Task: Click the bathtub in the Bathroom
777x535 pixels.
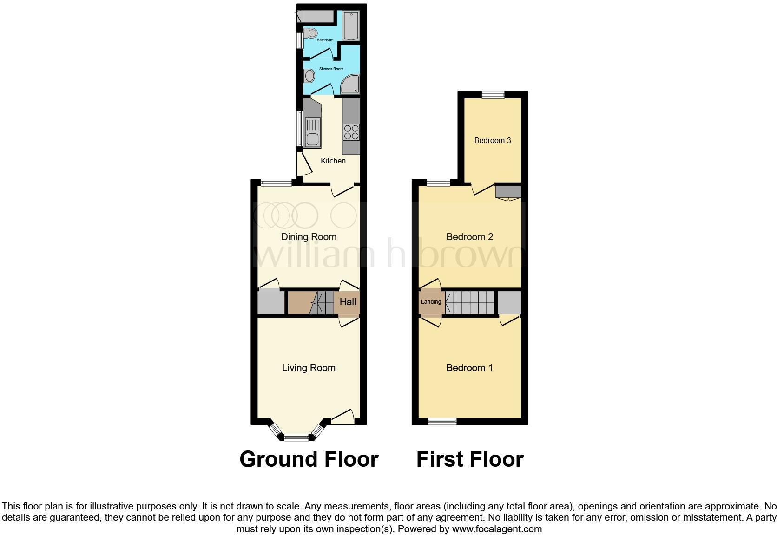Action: (350, 26)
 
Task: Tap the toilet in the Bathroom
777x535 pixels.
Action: (311, 33)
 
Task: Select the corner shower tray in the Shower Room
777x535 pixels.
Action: (350, 85)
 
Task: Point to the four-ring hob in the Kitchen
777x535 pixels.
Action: (351, 132)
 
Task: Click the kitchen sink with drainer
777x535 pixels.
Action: (312, 132)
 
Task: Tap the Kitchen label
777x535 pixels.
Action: (333, 161)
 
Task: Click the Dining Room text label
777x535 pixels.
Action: (309, 237)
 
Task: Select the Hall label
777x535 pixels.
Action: (348, 302)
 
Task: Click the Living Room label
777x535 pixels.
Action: (309, 368)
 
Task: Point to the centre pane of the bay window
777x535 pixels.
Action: (296, 437)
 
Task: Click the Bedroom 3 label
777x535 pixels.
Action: (493, 140)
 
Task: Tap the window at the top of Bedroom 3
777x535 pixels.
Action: (493, 95)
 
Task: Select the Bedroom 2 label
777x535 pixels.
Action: (469, 237)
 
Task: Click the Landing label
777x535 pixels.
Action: (431, 302)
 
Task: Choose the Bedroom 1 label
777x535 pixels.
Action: (469, 368)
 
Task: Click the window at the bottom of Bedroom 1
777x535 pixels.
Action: (442, 421)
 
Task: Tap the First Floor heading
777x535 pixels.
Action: (470, 459)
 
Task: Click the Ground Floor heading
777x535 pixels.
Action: (309, 459)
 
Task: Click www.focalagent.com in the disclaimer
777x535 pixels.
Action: (496, 528)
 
